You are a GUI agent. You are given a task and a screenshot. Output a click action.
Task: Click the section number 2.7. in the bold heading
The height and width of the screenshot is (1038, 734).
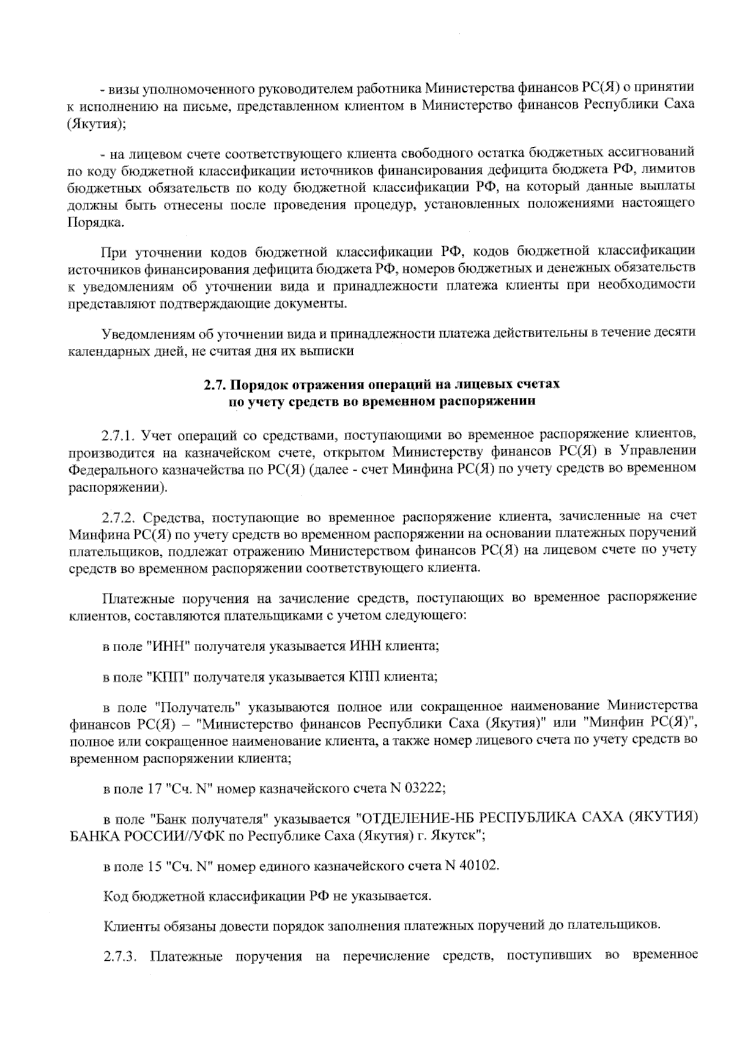tap(215, 386)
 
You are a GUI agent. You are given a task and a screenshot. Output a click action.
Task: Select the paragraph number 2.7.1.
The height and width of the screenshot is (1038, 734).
tap(117, 436)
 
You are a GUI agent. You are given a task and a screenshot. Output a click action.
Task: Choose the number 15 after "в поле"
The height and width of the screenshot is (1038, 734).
tap(154, 866)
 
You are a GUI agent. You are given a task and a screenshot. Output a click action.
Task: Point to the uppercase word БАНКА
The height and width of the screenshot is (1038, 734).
tap(91, 835)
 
